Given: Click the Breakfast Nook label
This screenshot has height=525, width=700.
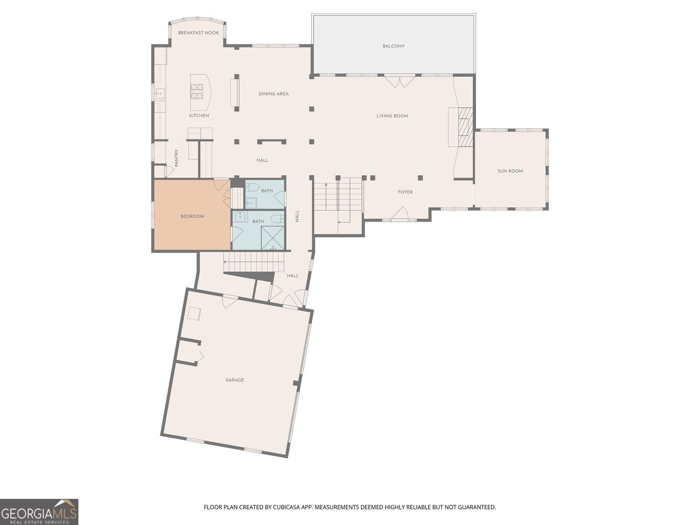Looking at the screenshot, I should [198, 33].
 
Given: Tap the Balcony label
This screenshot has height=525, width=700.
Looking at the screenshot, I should [393, 46].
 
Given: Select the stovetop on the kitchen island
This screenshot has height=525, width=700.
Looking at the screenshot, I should [196, 91].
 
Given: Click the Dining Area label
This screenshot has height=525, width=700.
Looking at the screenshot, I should [273, 94].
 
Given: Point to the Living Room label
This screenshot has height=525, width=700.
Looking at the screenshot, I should [392, 116].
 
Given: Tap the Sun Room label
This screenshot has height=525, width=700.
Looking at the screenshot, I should [510, 171].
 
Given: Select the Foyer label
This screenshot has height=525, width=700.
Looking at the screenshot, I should [405, 192].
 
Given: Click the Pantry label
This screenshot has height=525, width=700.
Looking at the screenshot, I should [176, 158].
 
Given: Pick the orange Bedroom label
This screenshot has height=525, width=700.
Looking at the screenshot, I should [192, 216].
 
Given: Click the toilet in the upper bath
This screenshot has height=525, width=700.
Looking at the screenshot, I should [252, 188].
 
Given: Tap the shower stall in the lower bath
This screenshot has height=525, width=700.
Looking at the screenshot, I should [273, 238].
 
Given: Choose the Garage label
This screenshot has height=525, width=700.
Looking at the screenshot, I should [235, 380].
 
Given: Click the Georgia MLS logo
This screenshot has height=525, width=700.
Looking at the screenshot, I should [39, 512].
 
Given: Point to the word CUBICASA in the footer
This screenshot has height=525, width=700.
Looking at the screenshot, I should [286, 507].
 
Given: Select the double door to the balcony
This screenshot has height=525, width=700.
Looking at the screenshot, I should [399, 82].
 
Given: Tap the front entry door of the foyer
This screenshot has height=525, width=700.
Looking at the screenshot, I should [399, 214].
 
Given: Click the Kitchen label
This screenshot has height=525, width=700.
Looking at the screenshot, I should [199, 115].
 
